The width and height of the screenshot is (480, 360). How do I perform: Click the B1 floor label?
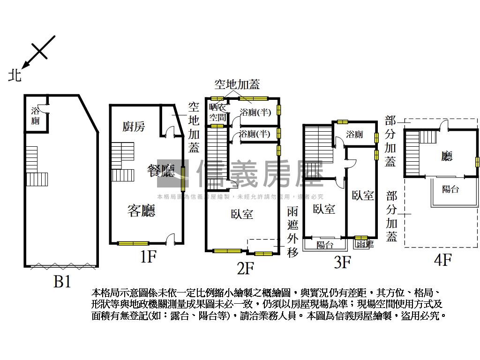(62, 281)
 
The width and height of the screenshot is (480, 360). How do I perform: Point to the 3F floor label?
(342, 262)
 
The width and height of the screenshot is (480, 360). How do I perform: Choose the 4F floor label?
(442, 259)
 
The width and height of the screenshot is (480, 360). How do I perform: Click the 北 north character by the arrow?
(15, 75)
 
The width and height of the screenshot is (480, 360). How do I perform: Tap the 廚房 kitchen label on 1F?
(134, 126)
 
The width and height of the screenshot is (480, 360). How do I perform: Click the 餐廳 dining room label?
(161, 170)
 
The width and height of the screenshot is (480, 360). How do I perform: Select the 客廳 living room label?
(142, 211)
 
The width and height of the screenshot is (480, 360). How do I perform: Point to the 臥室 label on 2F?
(242, 214)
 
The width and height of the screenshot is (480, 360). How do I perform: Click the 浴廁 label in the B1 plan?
(35, 116)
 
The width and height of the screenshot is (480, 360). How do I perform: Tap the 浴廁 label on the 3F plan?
(354, 135)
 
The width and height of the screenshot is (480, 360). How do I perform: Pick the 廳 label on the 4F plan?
(447, 156)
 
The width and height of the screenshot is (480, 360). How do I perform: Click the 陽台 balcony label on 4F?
(450, 189)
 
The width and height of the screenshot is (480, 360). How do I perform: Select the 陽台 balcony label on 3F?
(325, 245)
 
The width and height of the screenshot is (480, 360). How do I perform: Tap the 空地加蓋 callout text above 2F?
(237, 84)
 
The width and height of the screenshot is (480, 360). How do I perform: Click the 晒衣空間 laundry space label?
(217, 112)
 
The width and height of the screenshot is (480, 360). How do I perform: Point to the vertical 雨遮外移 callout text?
(293, 232)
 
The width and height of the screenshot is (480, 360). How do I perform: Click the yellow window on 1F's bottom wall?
(133, 243)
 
